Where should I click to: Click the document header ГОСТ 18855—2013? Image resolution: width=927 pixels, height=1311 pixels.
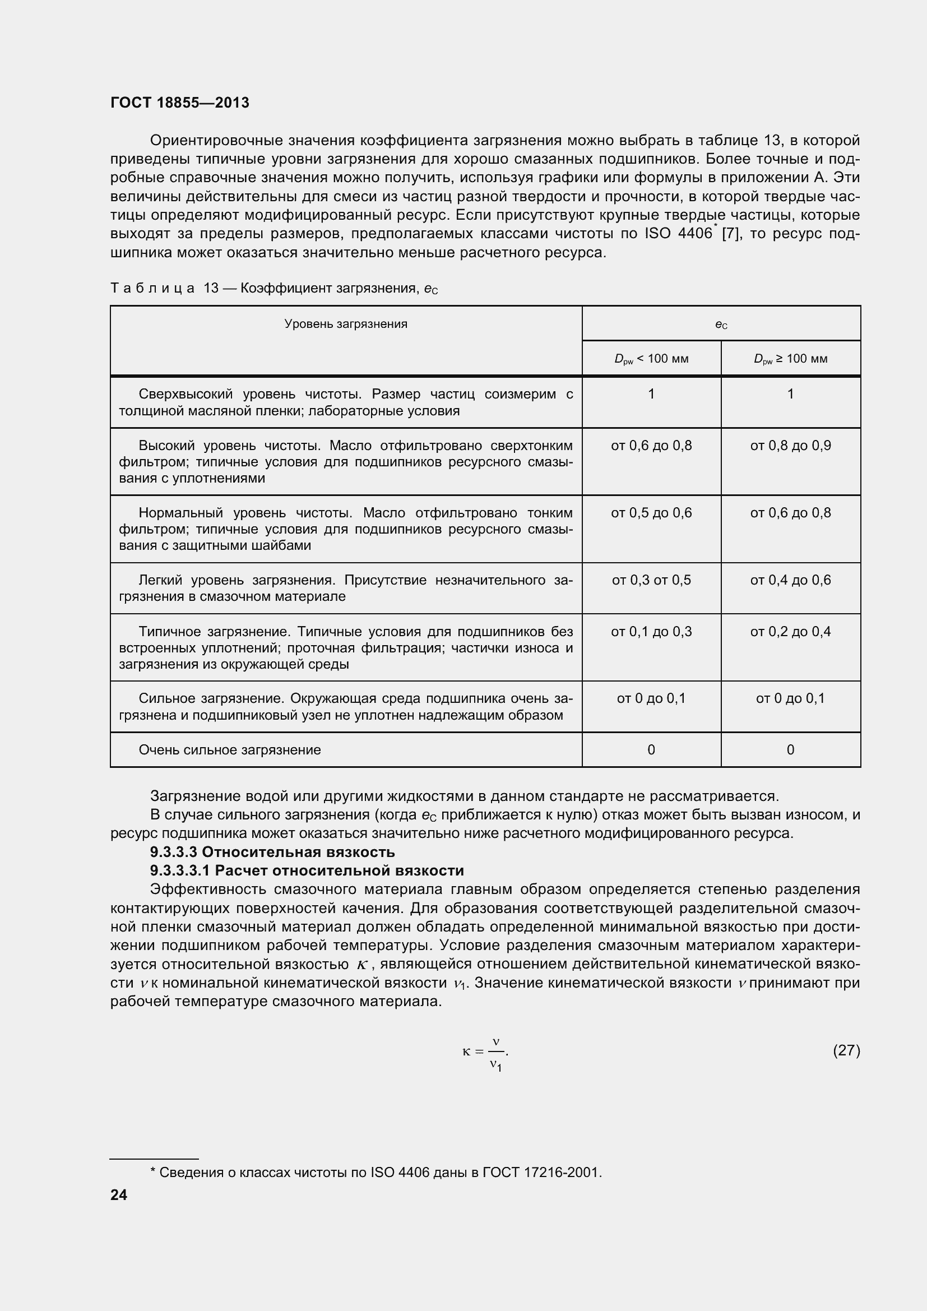(180, 103)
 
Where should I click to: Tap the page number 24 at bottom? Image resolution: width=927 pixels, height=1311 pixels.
(119, 1194)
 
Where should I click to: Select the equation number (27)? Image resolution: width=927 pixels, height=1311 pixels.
(846, 1050)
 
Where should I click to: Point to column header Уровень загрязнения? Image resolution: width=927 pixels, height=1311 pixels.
(346, 325)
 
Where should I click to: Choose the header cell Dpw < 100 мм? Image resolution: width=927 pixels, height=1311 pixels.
(651, 359)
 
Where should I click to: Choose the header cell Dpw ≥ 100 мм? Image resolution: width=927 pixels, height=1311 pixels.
(791, 359)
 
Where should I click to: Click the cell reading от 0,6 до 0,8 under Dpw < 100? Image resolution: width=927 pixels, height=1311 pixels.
(651, 446)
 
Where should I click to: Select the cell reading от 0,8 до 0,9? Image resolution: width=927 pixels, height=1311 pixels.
(791, 446)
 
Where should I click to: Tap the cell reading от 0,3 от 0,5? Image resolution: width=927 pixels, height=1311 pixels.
(651, 580)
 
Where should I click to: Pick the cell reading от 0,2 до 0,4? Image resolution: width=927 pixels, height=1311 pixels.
(791, 632)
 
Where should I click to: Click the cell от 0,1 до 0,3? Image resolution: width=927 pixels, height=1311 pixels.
(651, 632)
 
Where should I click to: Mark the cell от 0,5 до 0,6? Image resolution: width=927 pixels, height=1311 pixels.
(651, 513)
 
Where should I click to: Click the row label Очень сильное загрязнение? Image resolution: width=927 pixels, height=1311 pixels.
(229, 750)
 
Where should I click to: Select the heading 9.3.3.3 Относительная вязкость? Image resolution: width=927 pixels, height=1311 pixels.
(272, 852)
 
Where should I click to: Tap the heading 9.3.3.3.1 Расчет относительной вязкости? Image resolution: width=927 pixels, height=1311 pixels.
(307, 871)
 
